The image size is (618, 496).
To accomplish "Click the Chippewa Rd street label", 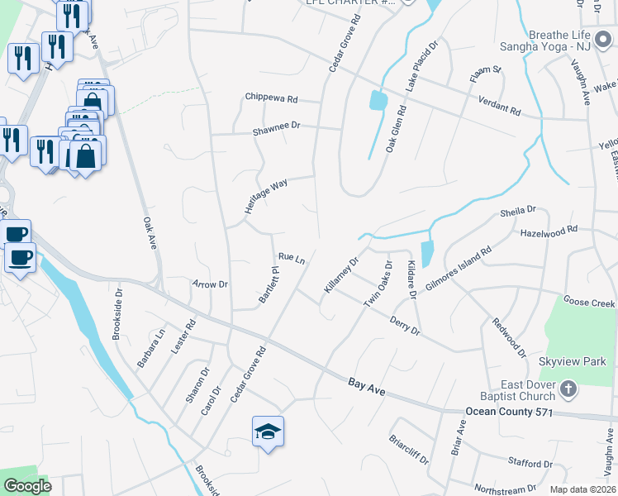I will [x=270, y=98].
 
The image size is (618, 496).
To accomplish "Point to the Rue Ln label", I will [x=292, y=259].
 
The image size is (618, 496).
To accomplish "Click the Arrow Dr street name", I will [x=210, y=284].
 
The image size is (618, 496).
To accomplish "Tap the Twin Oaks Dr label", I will [x=378, y=283].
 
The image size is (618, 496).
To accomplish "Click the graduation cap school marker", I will [x=268, y=431].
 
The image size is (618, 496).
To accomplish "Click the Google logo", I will [x=28, y=486].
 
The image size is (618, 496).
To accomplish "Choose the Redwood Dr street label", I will [x=509, y=337].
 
